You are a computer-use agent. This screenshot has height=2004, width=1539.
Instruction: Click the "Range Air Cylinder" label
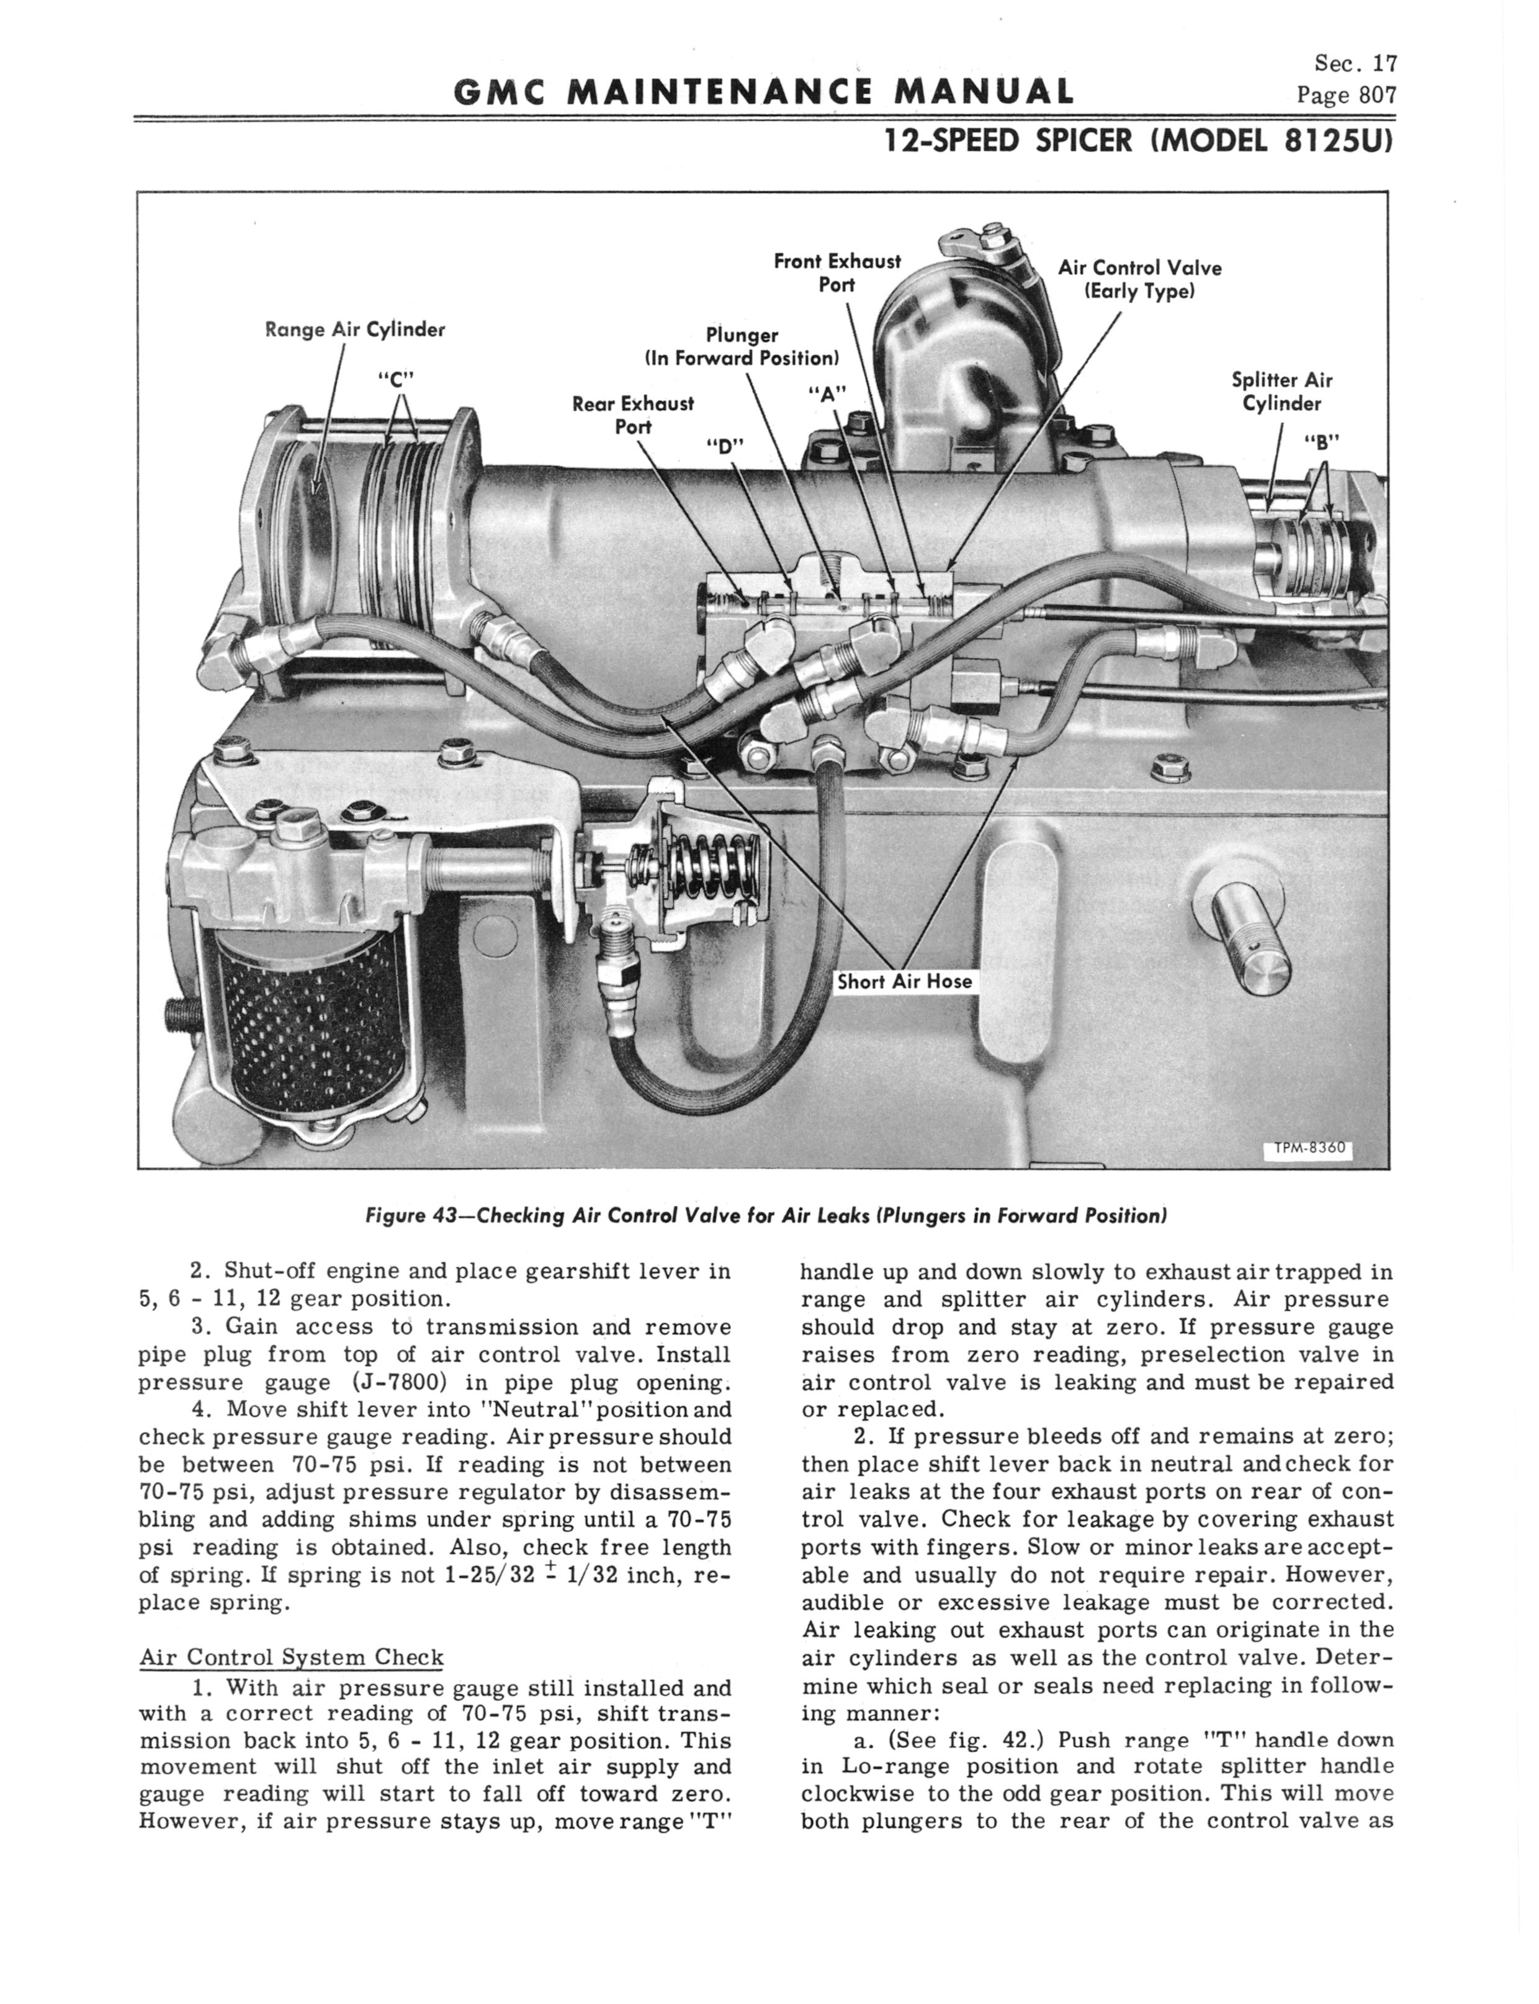[354, 330]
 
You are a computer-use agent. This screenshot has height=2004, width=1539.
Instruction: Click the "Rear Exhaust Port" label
[633, 415]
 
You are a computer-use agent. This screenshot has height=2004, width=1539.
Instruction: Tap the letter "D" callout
[727, 445]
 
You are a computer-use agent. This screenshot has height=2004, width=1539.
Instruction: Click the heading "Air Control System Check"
[290, 1657]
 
